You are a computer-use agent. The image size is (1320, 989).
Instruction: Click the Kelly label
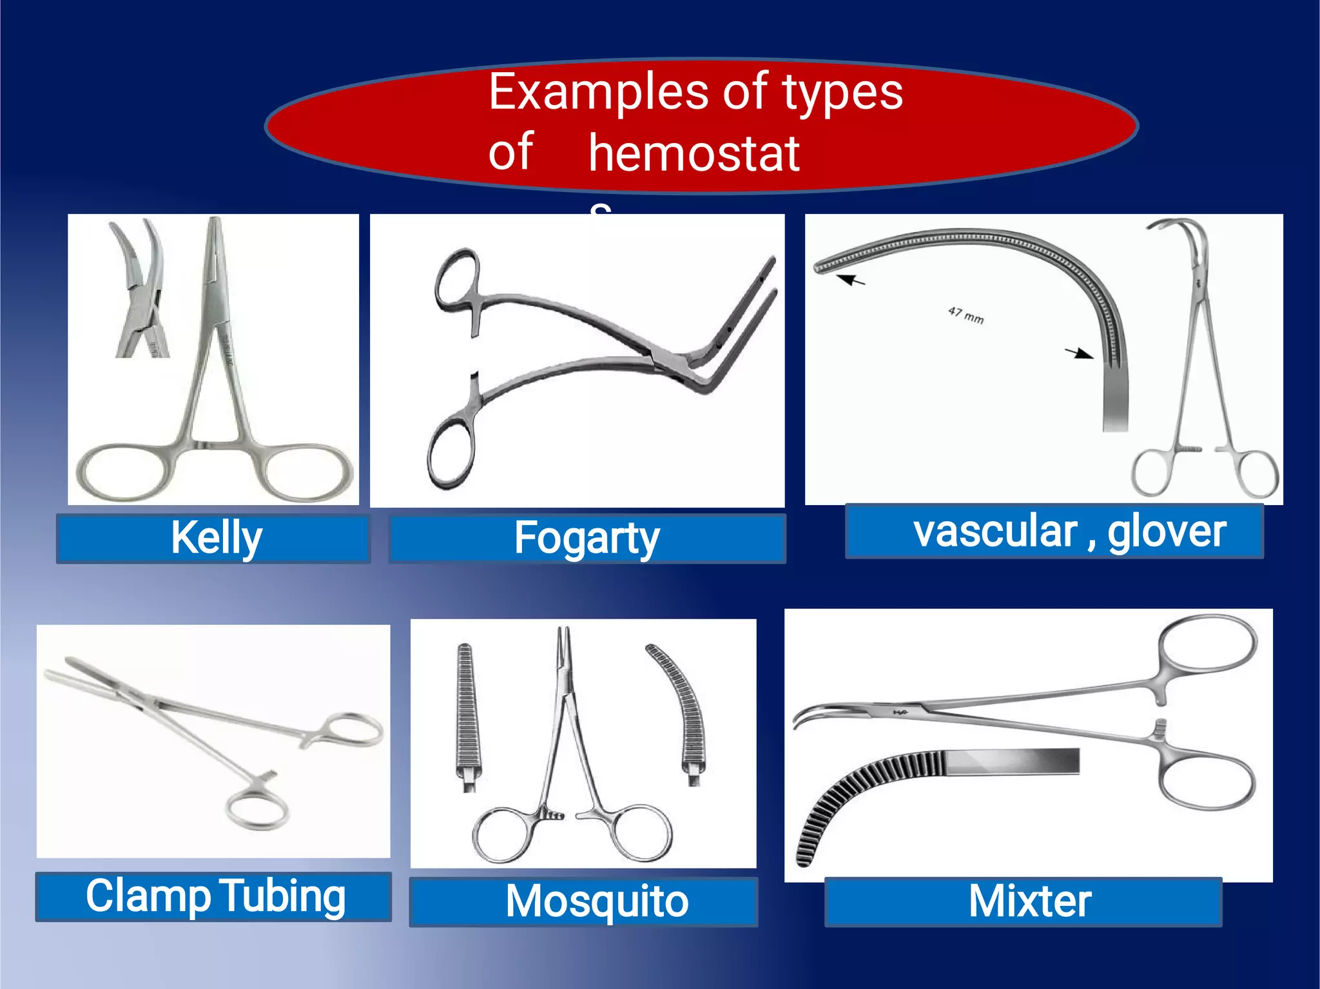(x=216, y=538)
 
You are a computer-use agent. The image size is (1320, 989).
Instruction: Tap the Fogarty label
(x=587, y=539)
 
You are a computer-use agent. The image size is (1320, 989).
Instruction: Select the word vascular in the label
(x=996, y=532)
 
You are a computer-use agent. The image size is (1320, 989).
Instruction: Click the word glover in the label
(x=1167, y=532)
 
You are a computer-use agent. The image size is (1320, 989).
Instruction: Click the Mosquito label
(x=597, y=901)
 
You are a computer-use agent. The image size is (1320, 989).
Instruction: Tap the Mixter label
(x=1029, y=901)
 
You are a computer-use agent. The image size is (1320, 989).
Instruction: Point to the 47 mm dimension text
(x=966, y=315)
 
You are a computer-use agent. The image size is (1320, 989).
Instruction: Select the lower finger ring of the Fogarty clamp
(x=449, y=454)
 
